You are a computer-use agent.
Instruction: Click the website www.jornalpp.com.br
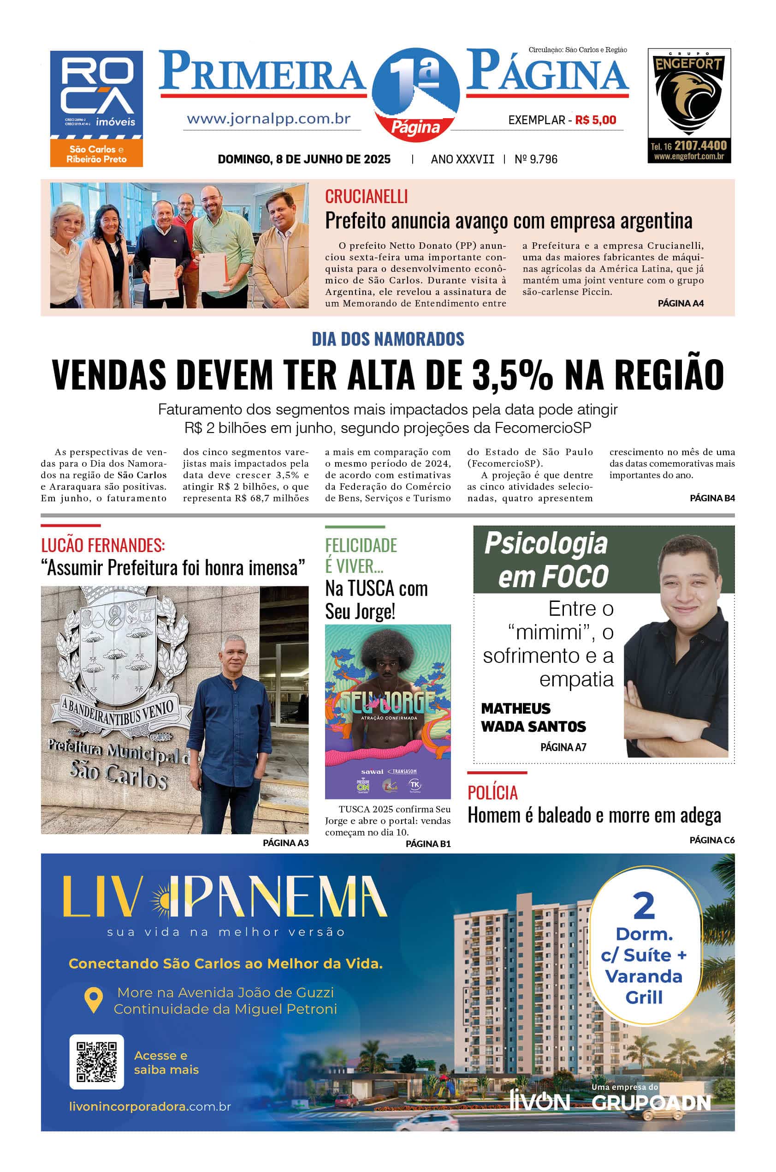[x=269, y=119]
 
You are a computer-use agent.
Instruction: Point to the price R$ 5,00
[x=595, y=120]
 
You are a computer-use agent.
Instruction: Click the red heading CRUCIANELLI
[x=366, y=197]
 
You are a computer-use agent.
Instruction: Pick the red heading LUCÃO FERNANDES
[x=103, y=546]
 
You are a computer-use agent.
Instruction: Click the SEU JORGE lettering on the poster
[x=387, y=702]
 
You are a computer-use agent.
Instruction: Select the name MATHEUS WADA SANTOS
[x=533, y=717]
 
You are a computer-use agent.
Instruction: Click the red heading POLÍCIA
[x=492, y=793]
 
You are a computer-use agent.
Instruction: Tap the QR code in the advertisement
[x=96, y=1062]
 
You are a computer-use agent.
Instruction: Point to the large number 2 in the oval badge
[x=643, y=907]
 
